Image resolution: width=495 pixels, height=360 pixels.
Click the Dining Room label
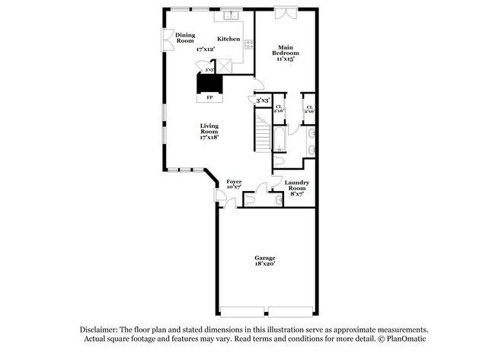[x=185, y=37]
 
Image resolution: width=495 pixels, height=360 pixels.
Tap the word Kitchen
[x=228, y=39]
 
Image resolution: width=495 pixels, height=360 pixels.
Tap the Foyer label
[x=235, y=182]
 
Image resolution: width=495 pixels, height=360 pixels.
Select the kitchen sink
[x=232, y=15]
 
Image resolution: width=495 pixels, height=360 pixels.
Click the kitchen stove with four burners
[x=248, y=43]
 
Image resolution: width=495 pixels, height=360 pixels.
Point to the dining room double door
[x=167, y=38]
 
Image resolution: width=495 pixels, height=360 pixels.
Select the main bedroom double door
[x=286, y=13]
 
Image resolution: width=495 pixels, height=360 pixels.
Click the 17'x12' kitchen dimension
[x=206, y=49]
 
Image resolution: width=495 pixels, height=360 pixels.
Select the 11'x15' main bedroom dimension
[x=286, y=59]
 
